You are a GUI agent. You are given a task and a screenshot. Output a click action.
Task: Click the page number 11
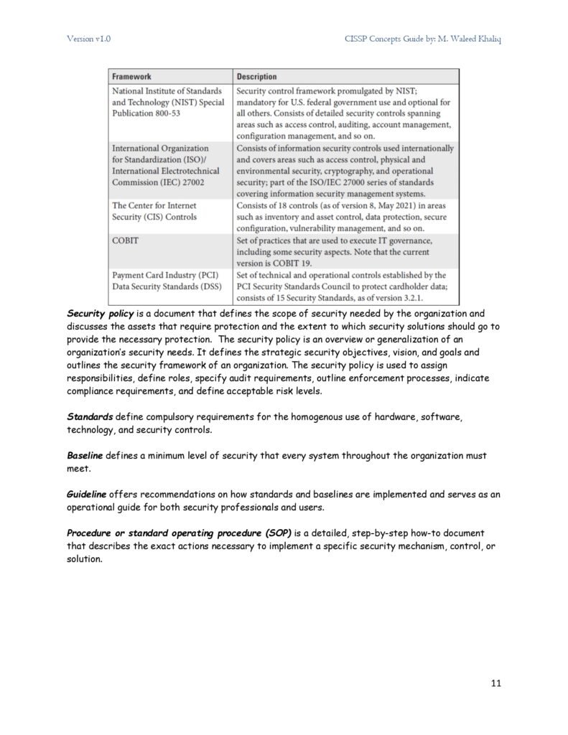pos(495,683)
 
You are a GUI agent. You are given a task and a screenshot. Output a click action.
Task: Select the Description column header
pos(256,76)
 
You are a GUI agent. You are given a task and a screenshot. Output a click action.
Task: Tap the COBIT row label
pos(125,240)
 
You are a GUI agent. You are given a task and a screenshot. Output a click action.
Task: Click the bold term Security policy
pos(101,314)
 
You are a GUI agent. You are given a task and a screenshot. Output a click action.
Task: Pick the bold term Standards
pos(90,416)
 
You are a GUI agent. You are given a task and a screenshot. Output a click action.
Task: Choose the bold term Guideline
pos(87,495)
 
